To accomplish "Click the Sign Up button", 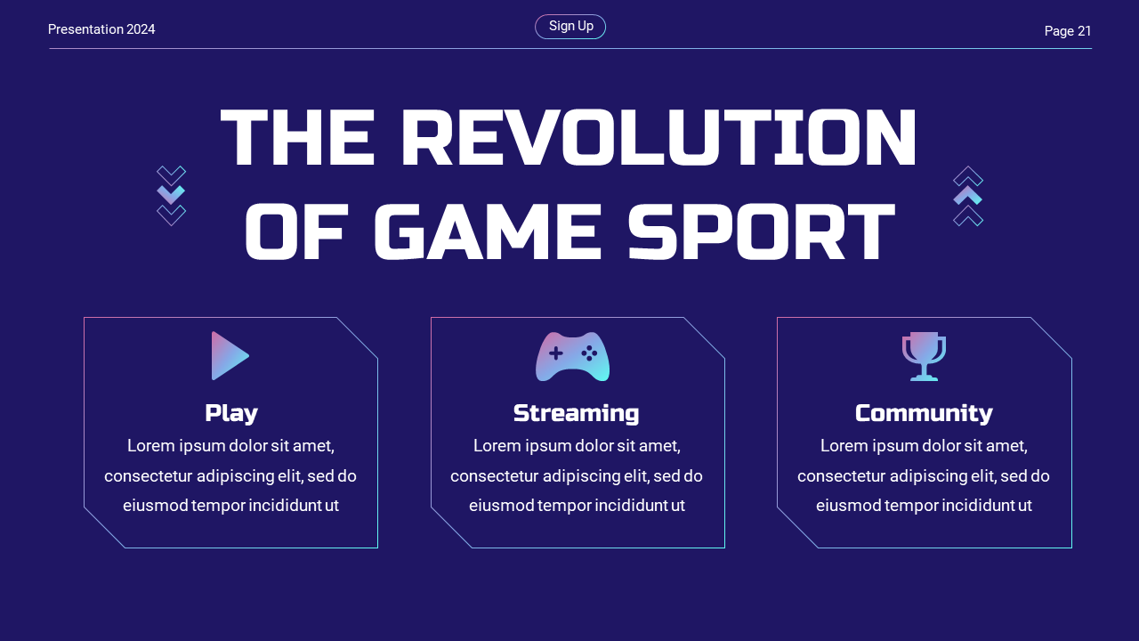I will pyautogui.click(x=570, y=27).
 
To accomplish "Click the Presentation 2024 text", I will pyautogui.click(x=101, y=29).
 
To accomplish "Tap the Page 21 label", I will pyautogui.click(x=1067, y=31).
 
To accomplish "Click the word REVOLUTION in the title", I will pyautogui.click(x=658, y=138).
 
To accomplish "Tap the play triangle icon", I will pyautogui.click(x=229, y=356).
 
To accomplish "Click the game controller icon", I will pyautogui.click(x=572, y=356).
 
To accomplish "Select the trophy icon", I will pyautogui.click(x=924, y=355).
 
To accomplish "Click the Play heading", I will pyautogui.click(x=230, y=413).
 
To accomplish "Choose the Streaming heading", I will pyautogui.click(x=576, y=413).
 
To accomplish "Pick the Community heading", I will pyautogui.click(x=924, y=413).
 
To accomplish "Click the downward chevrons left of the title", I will pyautogui.click(x=171, y=196).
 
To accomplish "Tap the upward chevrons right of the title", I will pyautogui.click(x=968, y=196).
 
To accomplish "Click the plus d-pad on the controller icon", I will pyautogui.click(x=555, y=353).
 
